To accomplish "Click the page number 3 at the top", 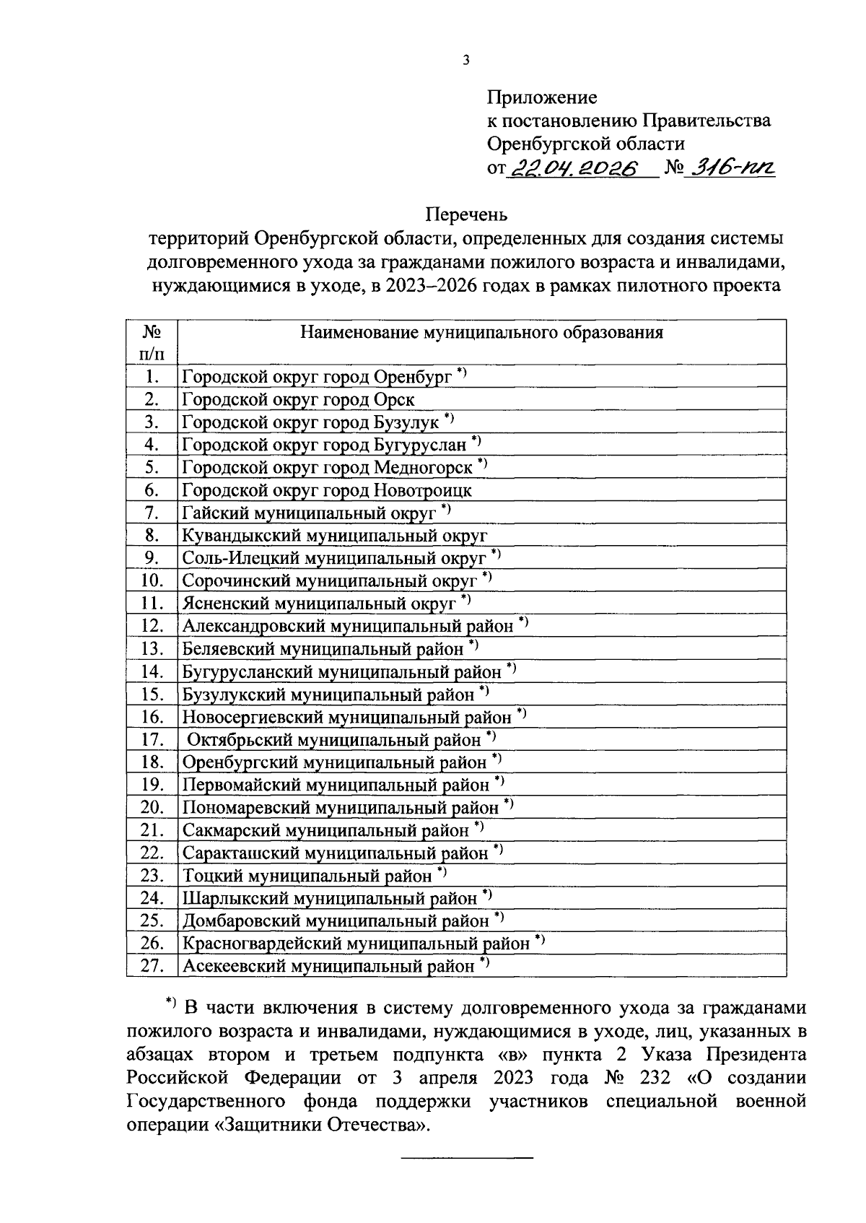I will point(466,61).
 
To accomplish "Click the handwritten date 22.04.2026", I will point(575,168).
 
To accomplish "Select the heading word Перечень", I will point(466,215).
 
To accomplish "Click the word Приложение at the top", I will point(542,97).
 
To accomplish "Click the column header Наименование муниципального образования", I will point(481,333).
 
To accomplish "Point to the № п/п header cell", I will point(152,342).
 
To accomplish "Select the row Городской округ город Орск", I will point(298,399).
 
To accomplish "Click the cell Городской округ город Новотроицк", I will point(326,490).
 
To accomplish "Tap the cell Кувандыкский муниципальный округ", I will point(334,536).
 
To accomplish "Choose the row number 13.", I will point(152,649).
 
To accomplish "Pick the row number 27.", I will point(152,966).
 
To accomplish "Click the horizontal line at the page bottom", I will point(466,1158).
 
